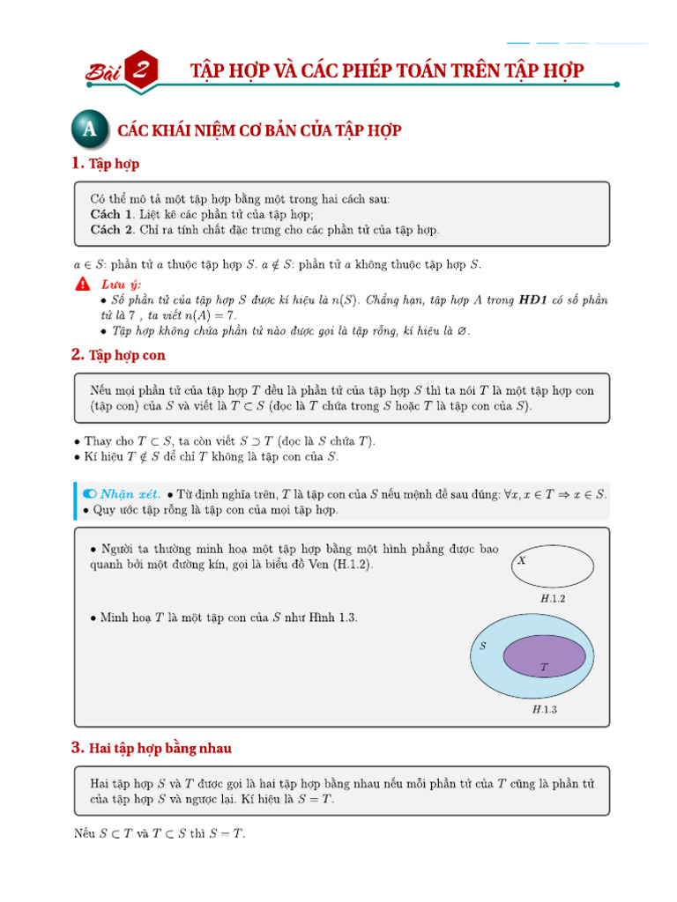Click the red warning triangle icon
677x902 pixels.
pos(82,284)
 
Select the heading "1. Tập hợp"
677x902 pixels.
pos(105,164)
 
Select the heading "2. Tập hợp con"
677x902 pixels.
pos(118,355)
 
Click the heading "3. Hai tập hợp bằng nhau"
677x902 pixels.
pos(151,748)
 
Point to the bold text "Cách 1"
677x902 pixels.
pos(111,214)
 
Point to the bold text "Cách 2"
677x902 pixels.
pos(111,230)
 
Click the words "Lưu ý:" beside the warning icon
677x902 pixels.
pos(121,284)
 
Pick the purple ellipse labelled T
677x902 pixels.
pos(545,657)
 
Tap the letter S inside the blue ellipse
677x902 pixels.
pos(483,646)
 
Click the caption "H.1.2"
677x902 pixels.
pos(553,598)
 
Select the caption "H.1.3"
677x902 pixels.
pos(545,708)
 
